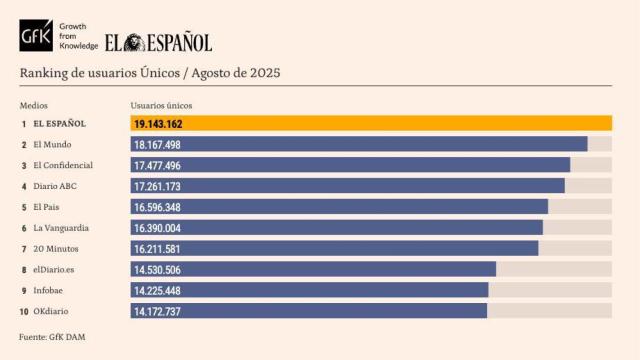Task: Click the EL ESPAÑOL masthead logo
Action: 159,42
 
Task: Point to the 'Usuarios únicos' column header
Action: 161,105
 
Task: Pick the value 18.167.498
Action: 157,145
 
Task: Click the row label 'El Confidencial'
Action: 63,165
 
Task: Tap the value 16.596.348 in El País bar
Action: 157,207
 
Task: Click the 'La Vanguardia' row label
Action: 60,228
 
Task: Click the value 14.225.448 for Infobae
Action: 157,290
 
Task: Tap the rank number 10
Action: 24,311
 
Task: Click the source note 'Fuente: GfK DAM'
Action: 52,337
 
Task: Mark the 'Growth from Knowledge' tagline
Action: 79,35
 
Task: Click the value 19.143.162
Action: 157,124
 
